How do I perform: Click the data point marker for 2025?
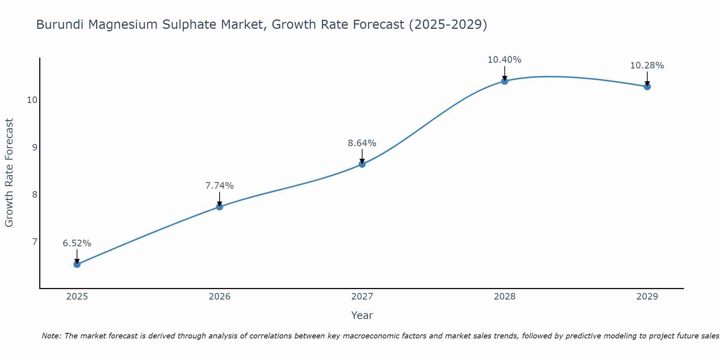[x=77, y=264]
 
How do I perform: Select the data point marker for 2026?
[x=220, y=207]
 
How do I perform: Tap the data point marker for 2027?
[x=362, y=164]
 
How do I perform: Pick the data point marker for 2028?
[x=505, y=81]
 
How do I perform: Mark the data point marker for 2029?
[x=647, y=86]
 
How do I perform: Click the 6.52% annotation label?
[x=77, y=243]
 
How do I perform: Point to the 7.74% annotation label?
[x=220, y=186]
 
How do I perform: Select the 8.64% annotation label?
[x=362, y=143]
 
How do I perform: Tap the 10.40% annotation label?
[x=505, y=60]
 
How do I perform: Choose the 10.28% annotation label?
[x=647, y=66]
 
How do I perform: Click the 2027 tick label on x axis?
[x=362, y=297]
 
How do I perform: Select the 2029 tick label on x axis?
[x=647, y=297]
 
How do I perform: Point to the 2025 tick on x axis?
[x=77, y=297]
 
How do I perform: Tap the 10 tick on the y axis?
[x=32, y=100]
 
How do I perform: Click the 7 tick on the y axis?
[x=35, y=242]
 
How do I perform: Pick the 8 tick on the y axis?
[x=35, y=194]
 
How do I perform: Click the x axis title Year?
[x=362, y=315]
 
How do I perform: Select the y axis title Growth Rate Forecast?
[x=9, y=173]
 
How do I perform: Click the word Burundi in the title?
[x=60, y=24]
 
